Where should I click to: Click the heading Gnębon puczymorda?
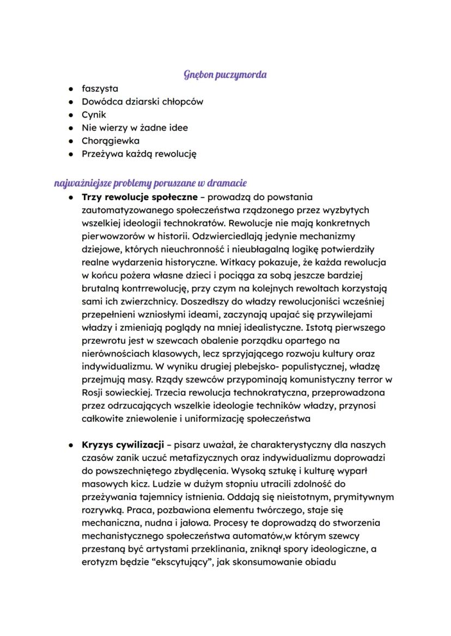(225, 75)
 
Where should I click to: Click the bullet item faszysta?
(100, 88)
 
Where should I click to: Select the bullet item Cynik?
(94, 115)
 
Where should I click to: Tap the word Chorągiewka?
(111, 141)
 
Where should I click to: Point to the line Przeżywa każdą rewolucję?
(139, 154)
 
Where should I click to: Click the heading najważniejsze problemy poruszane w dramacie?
(150, 183)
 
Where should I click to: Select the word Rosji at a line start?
(93, 393)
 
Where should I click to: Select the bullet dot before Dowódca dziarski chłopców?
(71, 102)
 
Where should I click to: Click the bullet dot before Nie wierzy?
(71, 128)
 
